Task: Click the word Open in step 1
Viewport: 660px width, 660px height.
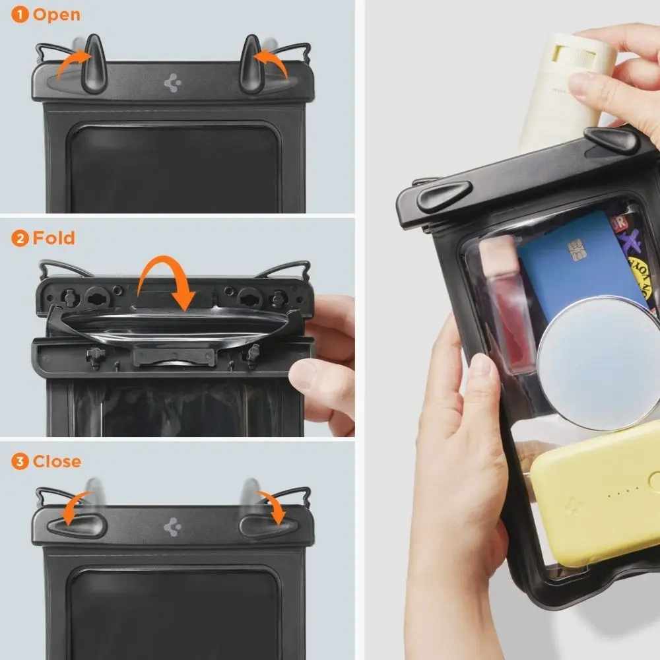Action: pos(57,15)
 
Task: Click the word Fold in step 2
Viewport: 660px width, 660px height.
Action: pos(54,238)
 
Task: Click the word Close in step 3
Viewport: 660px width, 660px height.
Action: pos(57,461)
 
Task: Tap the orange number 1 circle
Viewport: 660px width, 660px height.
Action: pos(20,15)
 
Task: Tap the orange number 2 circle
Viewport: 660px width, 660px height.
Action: pos(20,238)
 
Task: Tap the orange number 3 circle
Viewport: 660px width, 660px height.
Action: pos(20,462)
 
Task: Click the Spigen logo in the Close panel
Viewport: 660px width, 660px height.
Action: pos(172,526)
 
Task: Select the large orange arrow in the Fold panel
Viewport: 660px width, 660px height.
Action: pos(164,280)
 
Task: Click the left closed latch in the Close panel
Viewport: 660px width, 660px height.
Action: pos(73,526)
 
